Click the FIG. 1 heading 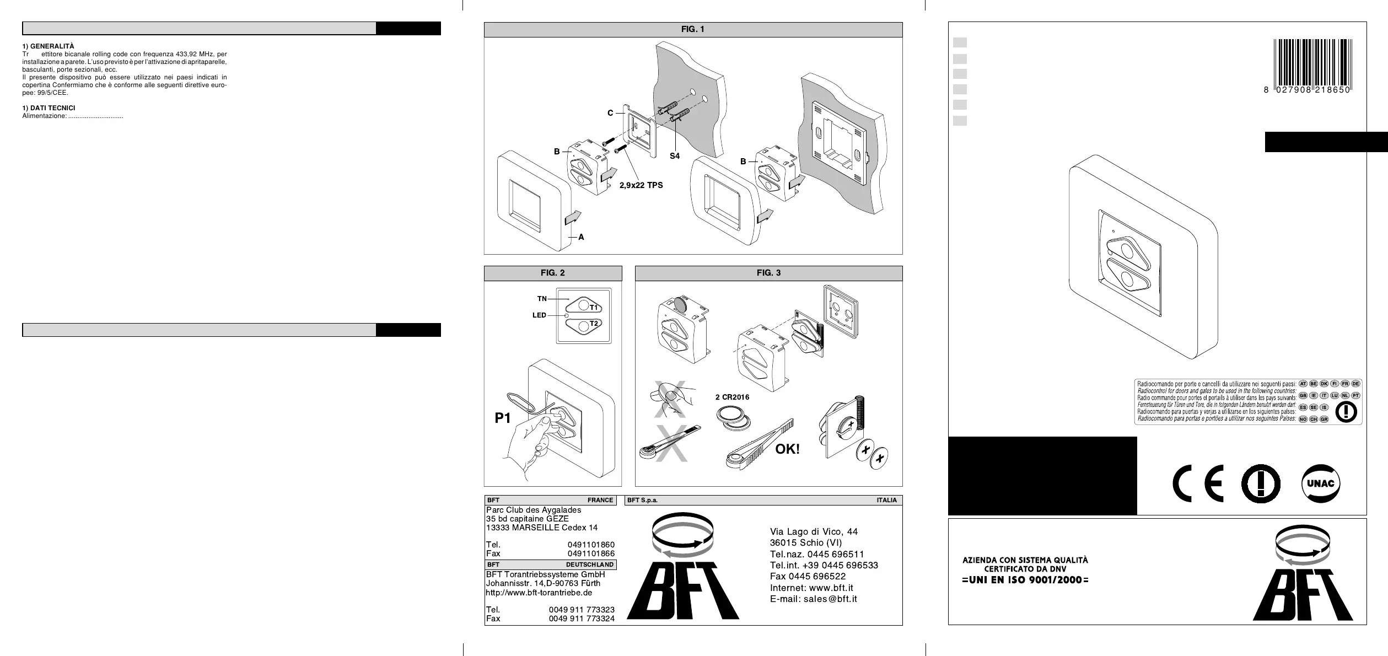coord(693,29)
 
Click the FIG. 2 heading coord(552,273)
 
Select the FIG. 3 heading coord(768,273)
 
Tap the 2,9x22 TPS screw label coord(641,185)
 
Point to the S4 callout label coord(675,156)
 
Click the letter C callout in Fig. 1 coord(610,113)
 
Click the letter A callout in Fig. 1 coord(581,237)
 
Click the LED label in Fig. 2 coord(539,315)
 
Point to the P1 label coord(503,418)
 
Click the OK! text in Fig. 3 coord(787,449)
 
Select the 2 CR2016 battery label coord(732,397)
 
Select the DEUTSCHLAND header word coord(589,564)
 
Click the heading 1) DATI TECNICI coord(49,108)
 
